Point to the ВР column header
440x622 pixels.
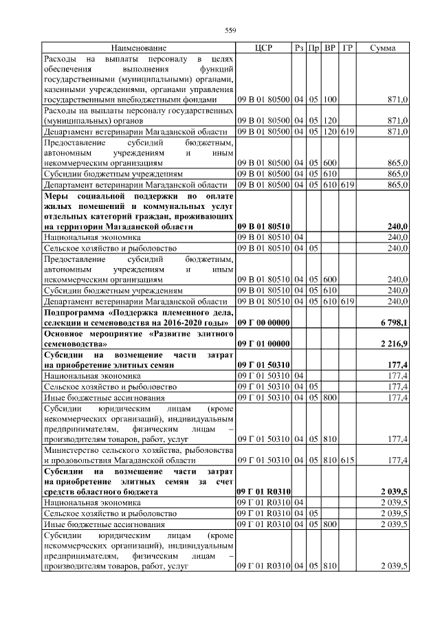click(x=331, y=48)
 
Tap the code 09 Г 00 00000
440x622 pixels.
click(x=263, y=322)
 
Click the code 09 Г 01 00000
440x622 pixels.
click(x=263, y=344)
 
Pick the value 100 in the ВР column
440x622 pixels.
click(x=330, y=100)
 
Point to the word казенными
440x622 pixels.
click(x=67, y=89)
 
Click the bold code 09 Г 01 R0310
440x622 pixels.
click(x=263, y=492)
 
